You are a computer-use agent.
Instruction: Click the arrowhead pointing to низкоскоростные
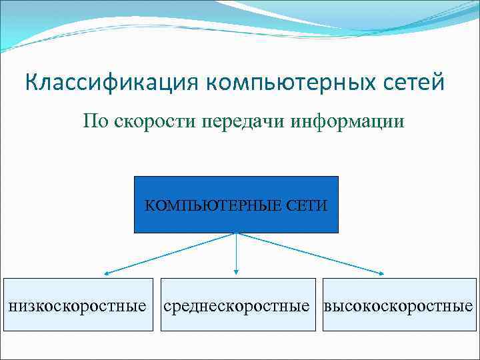(x=107, y=273)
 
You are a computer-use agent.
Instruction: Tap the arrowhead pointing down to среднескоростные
(x=236, y=272)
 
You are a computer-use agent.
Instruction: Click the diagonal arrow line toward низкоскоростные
(x=170, y=253)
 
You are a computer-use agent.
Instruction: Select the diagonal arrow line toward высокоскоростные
(x=310, y=253)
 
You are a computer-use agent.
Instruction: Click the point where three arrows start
(x=236, y=233)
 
